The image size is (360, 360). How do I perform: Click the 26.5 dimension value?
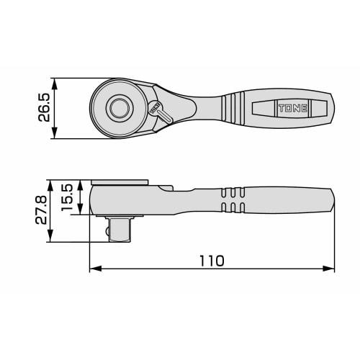pyautogui.click(x=45, y=107)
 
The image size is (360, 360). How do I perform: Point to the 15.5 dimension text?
pyautogui.click(x=68, y=199)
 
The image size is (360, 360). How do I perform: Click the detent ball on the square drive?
pyautogui.click(x=107, y=232)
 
